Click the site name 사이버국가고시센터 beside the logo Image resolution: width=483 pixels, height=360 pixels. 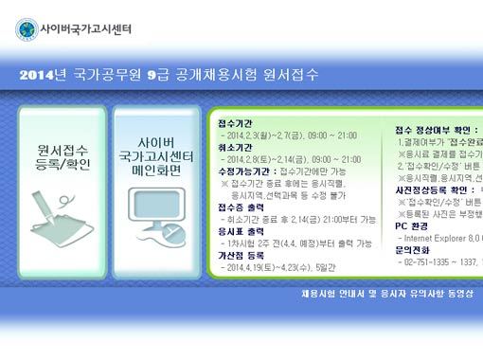tap(86, 29)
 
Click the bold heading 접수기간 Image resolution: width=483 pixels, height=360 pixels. tap(235, 124)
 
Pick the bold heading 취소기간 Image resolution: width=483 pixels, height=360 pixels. tap(235, 148)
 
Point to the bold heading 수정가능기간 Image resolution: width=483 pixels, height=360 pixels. tap(241, 171)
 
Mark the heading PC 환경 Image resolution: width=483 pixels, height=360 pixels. tap(416, 226)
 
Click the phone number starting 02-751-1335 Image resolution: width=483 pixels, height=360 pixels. tap(431, 262)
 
